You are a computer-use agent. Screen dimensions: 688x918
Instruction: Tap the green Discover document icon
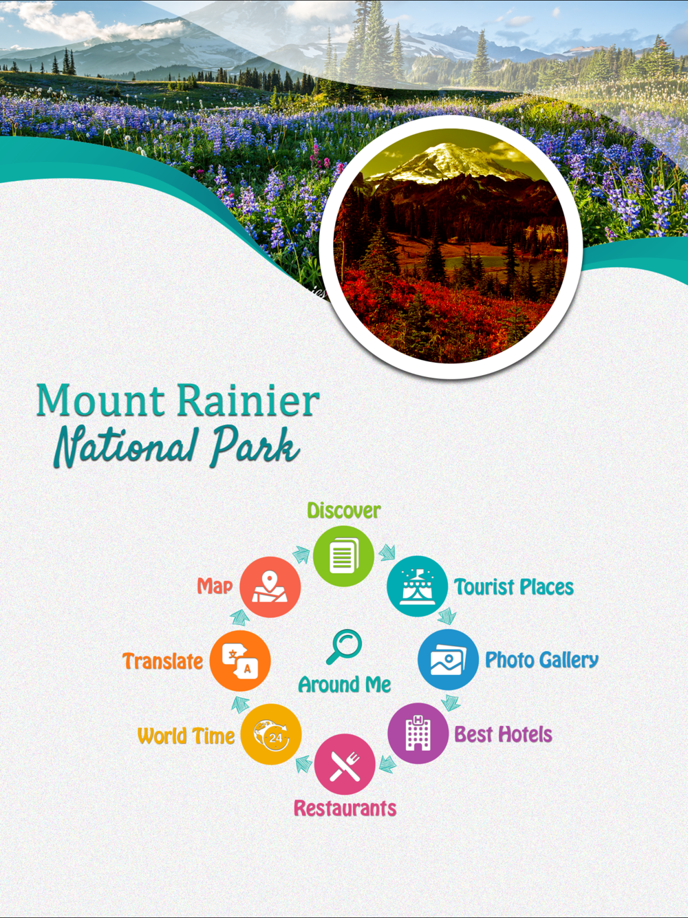pyautogui.click(x=343, y=556)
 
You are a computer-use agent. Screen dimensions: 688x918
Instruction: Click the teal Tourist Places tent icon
pyautogui.click(x=417, y=586)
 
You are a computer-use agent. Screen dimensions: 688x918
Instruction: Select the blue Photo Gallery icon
pyautogui.click(x=448, y=659)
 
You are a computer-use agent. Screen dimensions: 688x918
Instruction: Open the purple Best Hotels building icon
pyautogui.click(x=418, y=734)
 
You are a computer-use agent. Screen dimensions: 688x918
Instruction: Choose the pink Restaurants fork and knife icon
pyautogui.click(x=345, y=764)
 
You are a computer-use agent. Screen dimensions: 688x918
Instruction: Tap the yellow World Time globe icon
pyautogui.click(x=271, y=734)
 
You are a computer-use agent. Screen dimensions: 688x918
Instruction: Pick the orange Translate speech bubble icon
pyautogui.click(x=240, y=661)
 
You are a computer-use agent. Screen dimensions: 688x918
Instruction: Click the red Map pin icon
pyautogui.click(x=270, y=587)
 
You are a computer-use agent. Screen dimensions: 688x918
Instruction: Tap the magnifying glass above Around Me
pyautogui.click(x=344, y=647)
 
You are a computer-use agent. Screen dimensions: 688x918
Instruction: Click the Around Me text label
pyautogui.click(x=345, y=685)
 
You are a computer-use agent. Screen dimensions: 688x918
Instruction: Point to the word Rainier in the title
pyautogui.click(x=248, y=401)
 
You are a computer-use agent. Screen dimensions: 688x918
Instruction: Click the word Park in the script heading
pyautogui.click(x=256, y=446)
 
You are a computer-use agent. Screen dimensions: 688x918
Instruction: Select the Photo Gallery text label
pyautogui.click(x=541, y=661)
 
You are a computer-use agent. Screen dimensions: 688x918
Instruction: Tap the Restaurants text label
pyautogui.click(x=345, y=808)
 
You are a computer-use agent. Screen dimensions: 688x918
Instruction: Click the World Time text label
pyautogui.click(x=186, y=736)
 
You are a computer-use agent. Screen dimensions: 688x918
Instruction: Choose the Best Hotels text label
pyautogui.click(x=503, y=734)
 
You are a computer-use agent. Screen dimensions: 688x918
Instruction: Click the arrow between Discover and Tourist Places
pyautogui.click(x=387, y=552)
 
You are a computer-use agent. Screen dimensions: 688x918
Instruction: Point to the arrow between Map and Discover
pyautogui.click(x=301, y=555)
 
